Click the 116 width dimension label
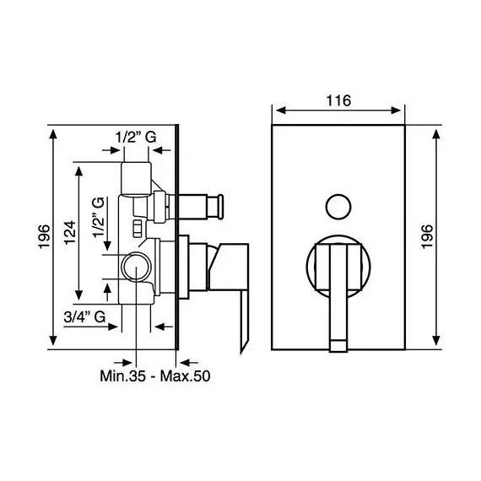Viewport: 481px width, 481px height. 338,100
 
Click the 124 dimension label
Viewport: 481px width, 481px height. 70,232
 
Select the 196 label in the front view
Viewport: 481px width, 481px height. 427,236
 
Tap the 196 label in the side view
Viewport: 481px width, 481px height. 45,236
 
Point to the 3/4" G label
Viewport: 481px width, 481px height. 84,317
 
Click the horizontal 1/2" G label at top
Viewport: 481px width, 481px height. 136,137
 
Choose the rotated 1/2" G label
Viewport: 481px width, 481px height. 99,218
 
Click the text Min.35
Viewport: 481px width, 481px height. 122,376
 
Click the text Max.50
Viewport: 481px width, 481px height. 186,376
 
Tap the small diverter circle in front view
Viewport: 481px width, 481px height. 338,207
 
